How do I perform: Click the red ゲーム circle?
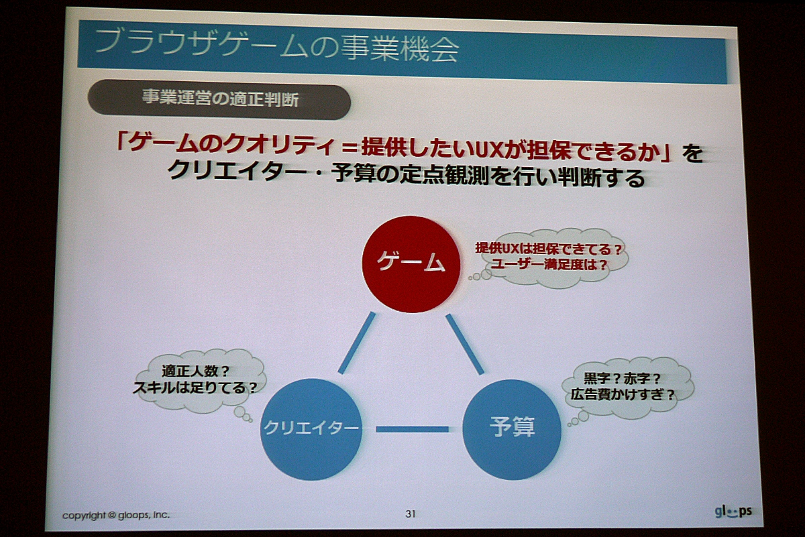pos(411,264)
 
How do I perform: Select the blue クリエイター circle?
pos(311,429)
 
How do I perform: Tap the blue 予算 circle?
pos(512,430)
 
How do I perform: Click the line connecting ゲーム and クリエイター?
pos(356,343)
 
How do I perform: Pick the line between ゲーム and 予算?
pos(465,345)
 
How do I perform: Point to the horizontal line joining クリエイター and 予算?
pos(412,429)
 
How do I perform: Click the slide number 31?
pos(411,514)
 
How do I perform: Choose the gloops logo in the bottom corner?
pos(733,512)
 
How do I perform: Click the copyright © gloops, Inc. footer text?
pos(115,515)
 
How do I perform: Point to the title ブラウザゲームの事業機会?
pos(277,47)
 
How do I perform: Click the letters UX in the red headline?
pos(488,147)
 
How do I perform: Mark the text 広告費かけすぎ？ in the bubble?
pos(623,394)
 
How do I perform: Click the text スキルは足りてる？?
pos(195,388)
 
